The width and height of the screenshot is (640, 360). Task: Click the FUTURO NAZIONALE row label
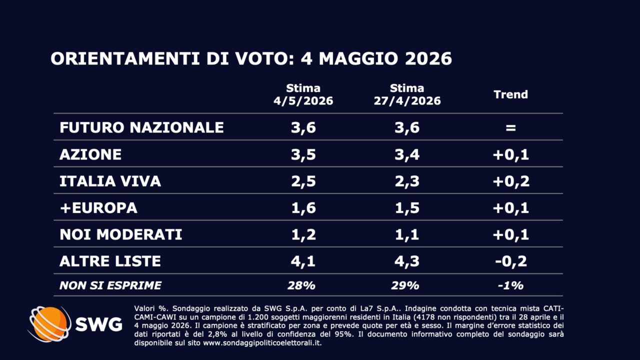141,127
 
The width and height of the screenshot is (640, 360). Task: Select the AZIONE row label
90,154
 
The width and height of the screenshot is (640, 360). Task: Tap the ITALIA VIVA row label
110,181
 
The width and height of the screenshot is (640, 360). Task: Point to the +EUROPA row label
98,207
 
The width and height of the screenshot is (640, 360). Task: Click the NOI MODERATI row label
120,234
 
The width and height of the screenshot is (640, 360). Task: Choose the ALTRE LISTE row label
110,261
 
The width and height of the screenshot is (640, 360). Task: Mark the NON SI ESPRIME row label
110,285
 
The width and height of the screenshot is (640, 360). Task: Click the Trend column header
510,94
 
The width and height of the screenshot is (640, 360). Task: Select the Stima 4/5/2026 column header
303,94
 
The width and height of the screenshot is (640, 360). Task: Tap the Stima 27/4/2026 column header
407,94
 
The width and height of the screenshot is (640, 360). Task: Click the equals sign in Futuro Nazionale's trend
510,127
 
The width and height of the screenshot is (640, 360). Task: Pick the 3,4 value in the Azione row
407,154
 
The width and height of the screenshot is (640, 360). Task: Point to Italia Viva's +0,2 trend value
511,181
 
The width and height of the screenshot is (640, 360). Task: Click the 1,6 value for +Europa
303,207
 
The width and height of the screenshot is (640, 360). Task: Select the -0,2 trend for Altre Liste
511,261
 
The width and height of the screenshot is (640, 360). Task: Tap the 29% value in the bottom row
405,285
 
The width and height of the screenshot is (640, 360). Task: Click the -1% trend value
510,285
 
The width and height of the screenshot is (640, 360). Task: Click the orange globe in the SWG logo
50,324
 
